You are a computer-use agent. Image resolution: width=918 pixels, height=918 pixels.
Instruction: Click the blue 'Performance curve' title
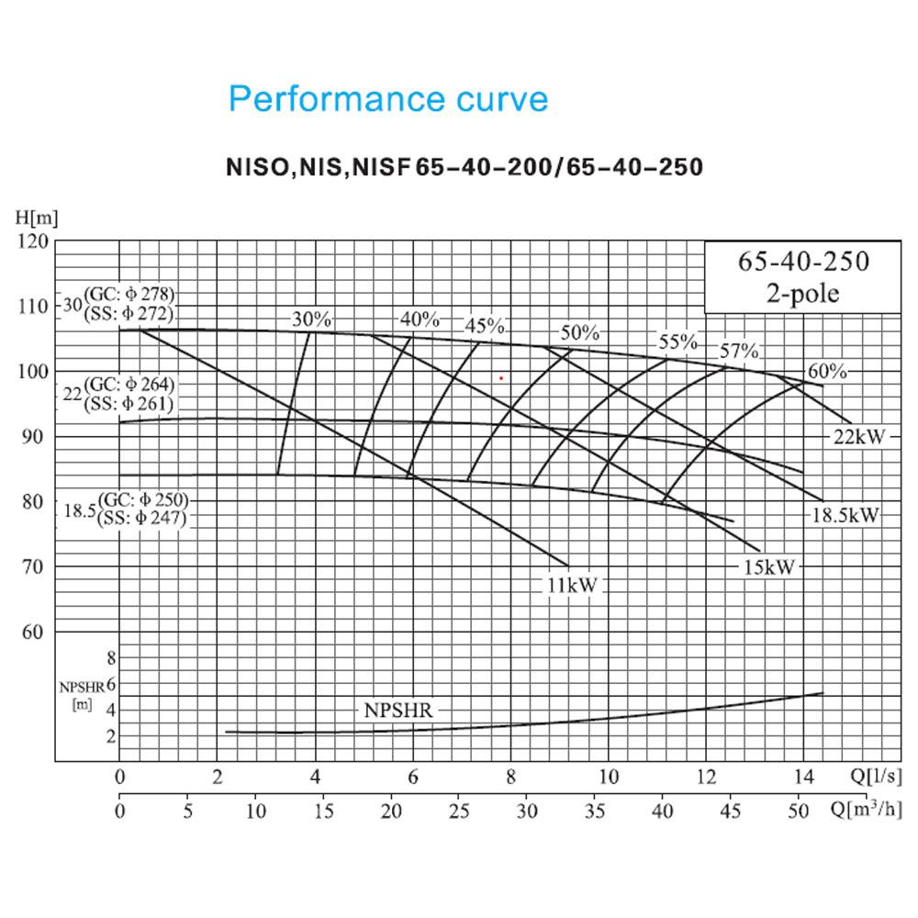click(x=388, y=98)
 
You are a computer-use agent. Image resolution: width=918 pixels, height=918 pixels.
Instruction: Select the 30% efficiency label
click(x=311, y=319)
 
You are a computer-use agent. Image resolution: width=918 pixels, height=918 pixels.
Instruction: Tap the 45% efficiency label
click(x=484, y=326)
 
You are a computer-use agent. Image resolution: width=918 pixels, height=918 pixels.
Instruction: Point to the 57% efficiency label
click(x=739, y=351)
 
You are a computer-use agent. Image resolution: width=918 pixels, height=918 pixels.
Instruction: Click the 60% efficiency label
click(x=827, y=371)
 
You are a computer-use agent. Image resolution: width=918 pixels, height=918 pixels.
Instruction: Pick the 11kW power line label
click(x=572, y=585)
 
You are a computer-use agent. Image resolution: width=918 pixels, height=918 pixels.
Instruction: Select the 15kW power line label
click(x=768, y=566)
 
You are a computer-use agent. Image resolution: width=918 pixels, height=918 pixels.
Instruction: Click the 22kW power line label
click(x=859, y=437)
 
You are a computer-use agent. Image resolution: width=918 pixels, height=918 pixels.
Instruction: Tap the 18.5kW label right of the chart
click(x=845, y=515)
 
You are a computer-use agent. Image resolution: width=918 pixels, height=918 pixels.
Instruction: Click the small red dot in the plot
click(x=501, y=378)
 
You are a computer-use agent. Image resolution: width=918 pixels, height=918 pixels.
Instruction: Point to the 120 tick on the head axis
click(x=33, y=241)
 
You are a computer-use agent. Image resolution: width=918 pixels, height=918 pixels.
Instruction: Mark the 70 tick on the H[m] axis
click(x=33, y=566)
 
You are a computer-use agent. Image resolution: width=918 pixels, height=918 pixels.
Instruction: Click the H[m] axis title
click(x=37, y=218)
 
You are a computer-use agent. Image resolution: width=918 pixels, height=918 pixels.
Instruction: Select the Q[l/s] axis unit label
click(x=875, y=776)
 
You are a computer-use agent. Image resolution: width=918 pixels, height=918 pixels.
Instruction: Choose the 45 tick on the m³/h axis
click(x=730, y=811)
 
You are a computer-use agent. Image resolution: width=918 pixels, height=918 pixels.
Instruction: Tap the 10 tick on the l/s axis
click(x=609, y=777)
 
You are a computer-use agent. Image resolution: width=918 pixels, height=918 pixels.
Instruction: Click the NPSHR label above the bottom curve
click(x=398, y=711)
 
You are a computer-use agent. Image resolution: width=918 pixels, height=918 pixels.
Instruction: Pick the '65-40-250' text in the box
click(x=803, y=261)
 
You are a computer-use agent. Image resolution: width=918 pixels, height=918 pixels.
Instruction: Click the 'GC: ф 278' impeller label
click(x=129, y=295)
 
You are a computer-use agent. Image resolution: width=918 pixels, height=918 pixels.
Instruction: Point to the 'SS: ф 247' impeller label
click(x=141, y=518)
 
